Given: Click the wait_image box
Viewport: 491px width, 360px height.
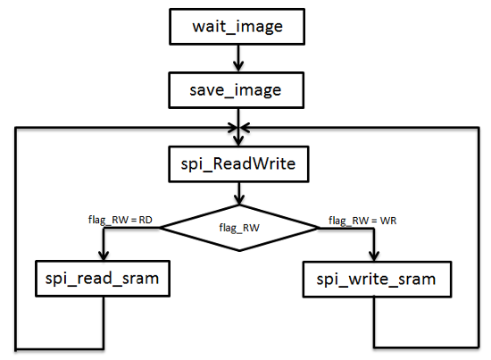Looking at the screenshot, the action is pyautogui.click(x=237, y=27).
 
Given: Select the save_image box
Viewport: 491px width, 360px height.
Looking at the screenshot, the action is pyautogui.click(x=236, y=90).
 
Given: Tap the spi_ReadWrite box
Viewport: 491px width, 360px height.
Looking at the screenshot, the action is pyautogui.click(x=238, y=163).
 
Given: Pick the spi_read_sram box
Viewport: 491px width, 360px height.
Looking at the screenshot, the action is pyautogui.click(x=103, y=278).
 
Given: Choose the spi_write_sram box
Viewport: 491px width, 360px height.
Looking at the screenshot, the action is pyautogui.click(x=377, y=280).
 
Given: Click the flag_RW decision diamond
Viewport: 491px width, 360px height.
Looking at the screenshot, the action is pyautogui.click(x=239, y=228).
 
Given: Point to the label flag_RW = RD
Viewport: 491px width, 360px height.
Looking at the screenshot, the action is pyautogui.click(x=121, y=220).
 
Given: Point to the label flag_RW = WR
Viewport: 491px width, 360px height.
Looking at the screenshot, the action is pyautogui.click(x=362, y=221).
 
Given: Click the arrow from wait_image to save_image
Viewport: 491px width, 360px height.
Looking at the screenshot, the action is pyautogui.click(x=238, y=59).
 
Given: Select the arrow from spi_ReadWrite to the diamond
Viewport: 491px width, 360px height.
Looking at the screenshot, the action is pyautogui.click(x=239, y=194).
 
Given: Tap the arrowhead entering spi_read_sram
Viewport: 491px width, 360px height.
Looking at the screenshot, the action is pyautogui.click(x=104, y=255).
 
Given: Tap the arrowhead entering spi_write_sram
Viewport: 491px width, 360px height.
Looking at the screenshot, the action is pyautogui.click(x=374, y=256).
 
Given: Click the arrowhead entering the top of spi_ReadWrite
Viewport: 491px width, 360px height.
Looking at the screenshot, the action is pyautogui.click(x=238, y=141).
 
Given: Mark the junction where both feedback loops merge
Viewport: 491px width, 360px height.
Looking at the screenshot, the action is pyautogui.click(x=238, y=128).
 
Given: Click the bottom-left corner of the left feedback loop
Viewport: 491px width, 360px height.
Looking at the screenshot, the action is pyautogui.click(x=16, y=348).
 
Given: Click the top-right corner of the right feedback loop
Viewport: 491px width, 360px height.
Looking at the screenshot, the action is pyautogui.click(x=479, y=128).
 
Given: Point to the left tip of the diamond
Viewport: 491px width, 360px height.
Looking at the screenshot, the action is pyautogui.click(x=160, y=228).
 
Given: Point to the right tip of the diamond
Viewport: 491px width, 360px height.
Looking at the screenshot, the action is pyautogui.click(x=318, y=228).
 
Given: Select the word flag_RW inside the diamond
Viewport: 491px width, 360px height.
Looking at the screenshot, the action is pyautogui.click(x=239, y=228).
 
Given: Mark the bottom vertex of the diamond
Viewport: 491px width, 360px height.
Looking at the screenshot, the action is pyautogui.click(x=239, y=251).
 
